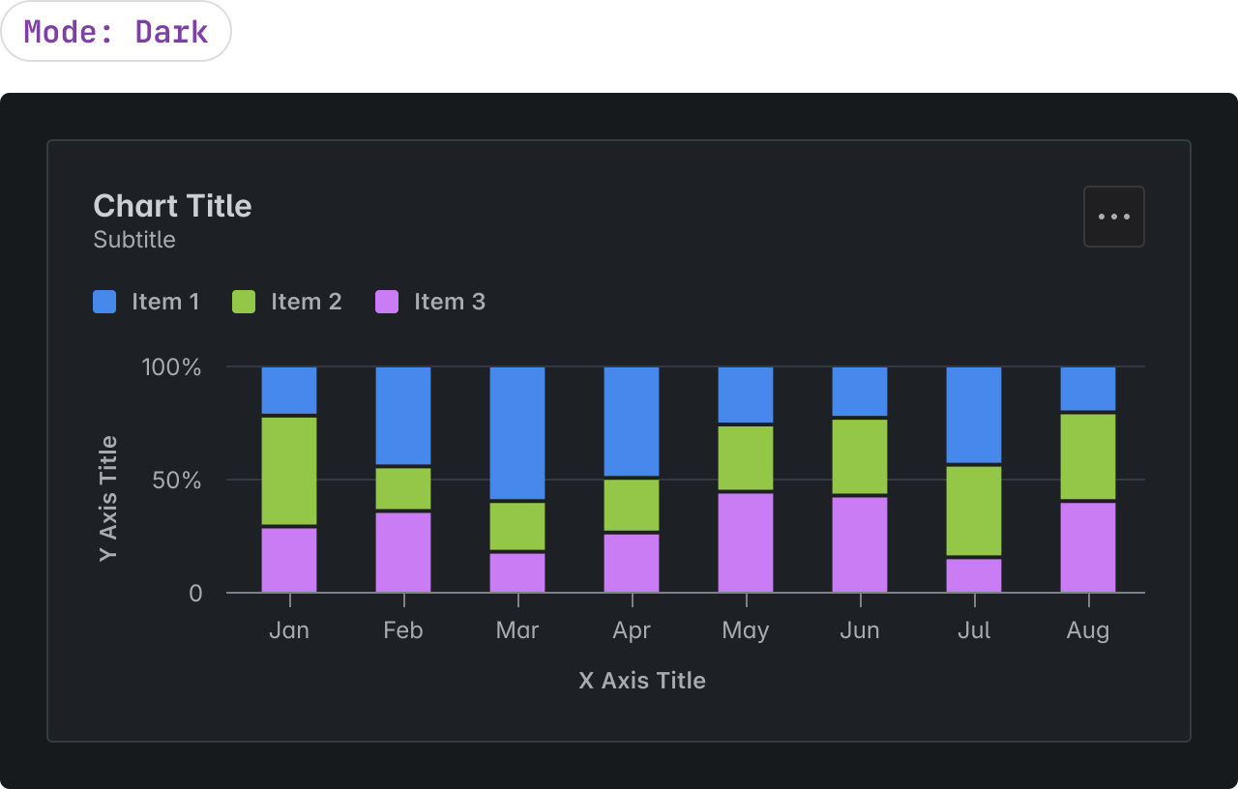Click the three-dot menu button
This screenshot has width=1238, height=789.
[x=1114, y=217]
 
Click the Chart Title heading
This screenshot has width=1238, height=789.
[x=172, y=206]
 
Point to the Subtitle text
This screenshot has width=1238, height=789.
[x=134, y=240]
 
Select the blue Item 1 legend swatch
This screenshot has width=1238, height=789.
[x=104, y=302]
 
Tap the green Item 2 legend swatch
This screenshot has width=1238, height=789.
[x=244, y=302]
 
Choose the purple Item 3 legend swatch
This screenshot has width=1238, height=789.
[x=387, y=302]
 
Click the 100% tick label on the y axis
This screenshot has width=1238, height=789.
[x=172, y=367]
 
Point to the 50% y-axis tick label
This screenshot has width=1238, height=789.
[x=177, y=481]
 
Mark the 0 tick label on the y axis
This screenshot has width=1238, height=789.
[x=196, y=593]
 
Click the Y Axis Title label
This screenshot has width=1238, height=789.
[x=108, y=498]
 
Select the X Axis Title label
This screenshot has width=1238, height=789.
[x=642, y=681]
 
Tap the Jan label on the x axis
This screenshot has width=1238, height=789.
[x=289, y=630]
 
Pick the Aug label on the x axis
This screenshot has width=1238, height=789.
[x=1088, y=630]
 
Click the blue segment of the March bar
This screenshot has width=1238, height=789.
[x=517, y=432]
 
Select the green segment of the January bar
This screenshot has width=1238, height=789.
[x=289, y=470]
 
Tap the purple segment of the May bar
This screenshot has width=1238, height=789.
[x=746, y=542]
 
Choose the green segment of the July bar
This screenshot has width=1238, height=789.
[x=974, y=511]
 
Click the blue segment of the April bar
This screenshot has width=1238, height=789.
[x=632, y=421]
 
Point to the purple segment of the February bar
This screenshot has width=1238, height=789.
[x=403, y=552]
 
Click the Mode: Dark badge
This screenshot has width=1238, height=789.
[x=116, y=32]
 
